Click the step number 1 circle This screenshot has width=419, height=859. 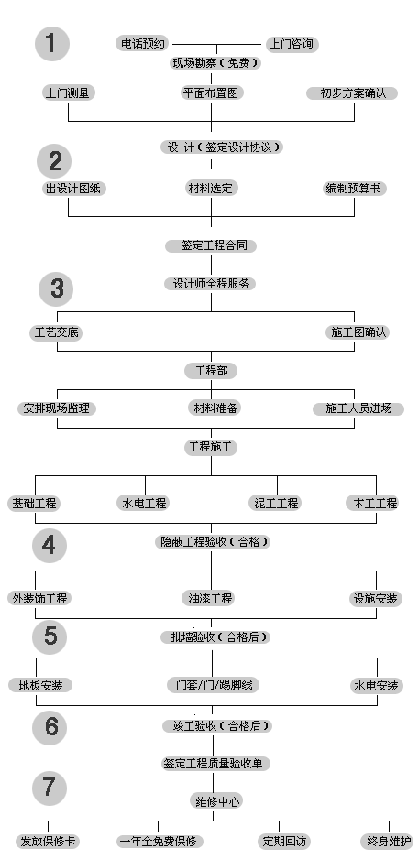pyautogui.click(x=52, y=44)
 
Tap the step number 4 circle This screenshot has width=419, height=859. pyautogui.click(x=50, y=545)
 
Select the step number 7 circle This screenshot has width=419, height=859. pyautogui.click(x=50, y=788)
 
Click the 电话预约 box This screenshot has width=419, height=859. pyautogui.click(x=142, y=44)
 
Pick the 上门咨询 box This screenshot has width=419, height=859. pyautogui.click(x=292, y=44)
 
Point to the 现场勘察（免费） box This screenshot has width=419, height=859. pyautogui.click(x=215, y=63)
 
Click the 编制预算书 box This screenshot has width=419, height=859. pyautogui.click(x=354, y=189)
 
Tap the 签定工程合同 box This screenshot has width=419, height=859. pyautogui.click(x=211, y=245)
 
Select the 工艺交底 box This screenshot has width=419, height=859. pyautogui.click(x=56, y=332)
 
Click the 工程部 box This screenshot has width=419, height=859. pyautogui.click(x=211, y=371)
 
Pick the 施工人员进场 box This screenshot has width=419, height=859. pyautogui.click(x=358, y=408)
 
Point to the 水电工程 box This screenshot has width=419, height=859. pyautogui.click(x=143, y=503)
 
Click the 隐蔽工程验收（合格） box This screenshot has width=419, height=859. pyautogui.click(x=214, y=542)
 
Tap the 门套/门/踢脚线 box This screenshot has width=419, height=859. pyautogui.click(x=214, y=685)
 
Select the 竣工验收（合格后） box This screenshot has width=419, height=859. pyautogui.click(x=217, y=726)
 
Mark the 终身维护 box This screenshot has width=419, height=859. pyautogui.click(x=387, y=841)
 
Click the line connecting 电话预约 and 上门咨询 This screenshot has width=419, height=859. pyautogui.click(x=217, y=44)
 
